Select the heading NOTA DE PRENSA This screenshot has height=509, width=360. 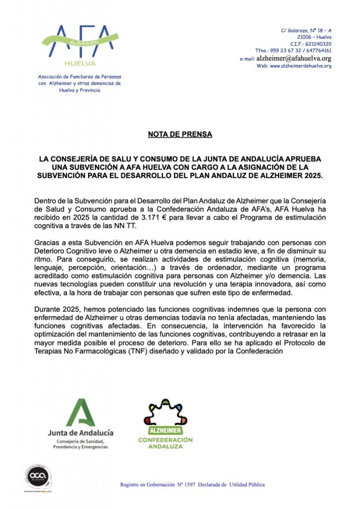pos(180,134)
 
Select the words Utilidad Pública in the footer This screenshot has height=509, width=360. pos(249,484)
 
